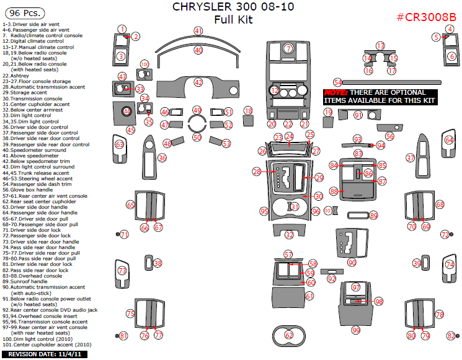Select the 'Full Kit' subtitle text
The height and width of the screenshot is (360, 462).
coord(233,19)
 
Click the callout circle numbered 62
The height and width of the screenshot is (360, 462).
coord(289,335)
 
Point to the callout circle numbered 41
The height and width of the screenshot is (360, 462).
coord(198,31)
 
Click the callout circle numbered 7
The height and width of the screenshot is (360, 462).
coord(288,48)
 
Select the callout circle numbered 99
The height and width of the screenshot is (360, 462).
coord(356,330)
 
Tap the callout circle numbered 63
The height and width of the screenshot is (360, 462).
coord(119,144)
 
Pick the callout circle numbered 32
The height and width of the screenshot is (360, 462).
coord(289,235)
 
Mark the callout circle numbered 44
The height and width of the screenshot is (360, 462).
coord(127,112)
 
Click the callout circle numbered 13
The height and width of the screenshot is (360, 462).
coord(380,46)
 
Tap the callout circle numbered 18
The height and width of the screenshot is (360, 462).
coord(248,110)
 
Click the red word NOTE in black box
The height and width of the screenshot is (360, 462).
coord(334,92)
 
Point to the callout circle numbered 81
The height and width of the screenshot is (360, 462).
coord(123,336)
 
